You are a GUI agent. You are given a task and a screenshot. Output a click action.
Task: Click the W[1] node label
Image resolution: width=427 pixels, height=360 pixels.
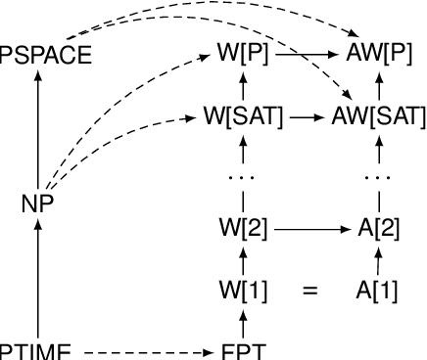(243, 291)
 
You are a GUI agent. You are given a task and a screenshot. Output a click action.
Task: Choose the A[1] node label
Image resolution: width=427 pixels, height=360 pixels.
(377, 291)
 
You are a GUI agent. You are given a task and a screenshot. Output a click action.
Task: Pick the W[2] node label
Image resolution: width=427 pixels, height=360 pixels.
(243, 230)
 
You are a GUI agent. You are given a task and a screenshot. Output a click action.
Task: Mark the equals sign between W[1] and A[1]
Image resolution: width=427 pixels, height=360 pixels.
(310, 291)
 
